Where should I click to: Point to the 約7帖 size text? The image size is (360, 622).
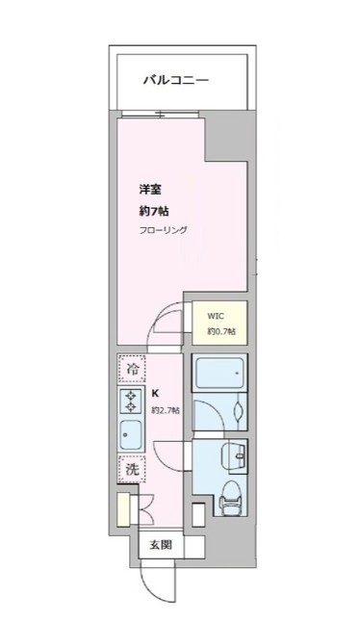click(x=153, y=211)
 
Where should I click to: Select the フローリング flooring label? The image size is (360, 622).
click(x=163, y=231)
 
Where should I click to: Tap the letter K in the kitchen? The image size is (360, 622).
click(x=155, y=394)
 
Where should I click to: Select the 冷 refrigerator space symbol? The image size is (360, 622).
click(x=131, y=368)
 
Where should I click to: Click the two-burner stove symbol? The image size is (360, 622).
click(x=131, y=402)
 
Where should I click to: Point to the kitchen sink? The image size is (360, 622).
click(x=131, y=436)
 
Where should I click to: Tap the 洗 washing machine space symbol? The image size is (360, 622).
click(x=131, y=471)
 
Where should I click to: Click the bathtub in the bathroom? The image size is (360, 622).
click(x=219, y=375)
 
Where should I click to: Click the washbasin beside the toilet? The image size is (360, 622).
click(x=232, y=454)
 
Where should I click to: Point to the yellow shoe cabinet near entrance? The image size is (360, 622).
click(x=122, y=507)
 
